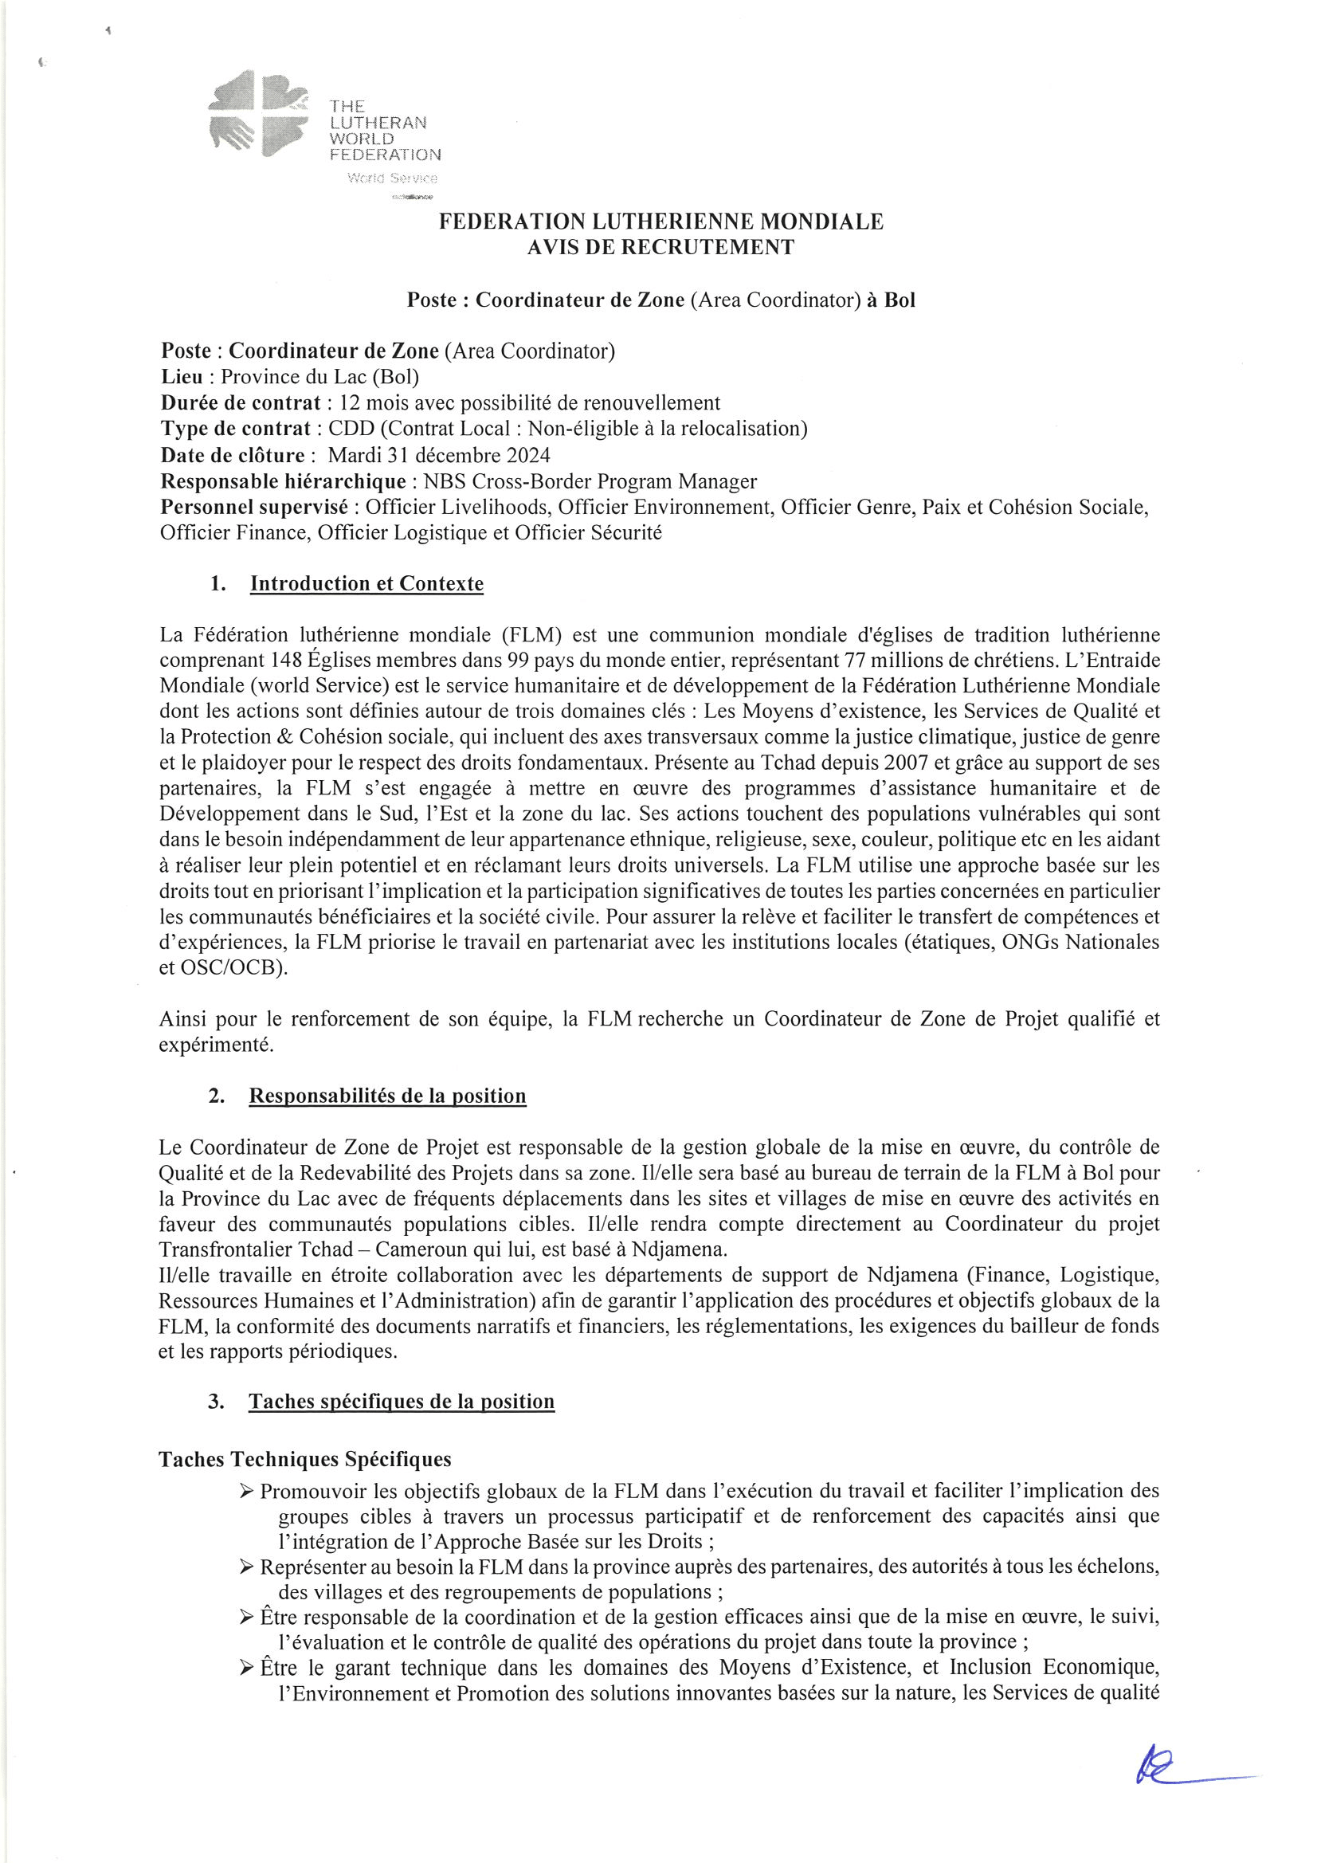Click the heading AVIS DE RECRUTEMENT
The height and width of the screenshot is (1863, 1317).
tap(660, 248)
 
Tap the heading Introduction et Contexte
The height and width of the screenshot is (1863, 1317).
tap(366, 583)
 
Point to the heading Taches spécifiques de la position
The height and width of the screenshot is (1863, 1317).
tap(402, 1402)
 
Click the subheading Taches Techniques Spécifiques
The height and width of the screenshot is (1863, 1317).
tap(305, 1459)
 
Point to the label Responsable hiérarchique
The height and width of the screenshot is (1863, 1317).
tap(283, 481)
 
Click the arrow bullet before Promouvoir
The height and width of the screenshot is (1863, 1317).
tap(249, 1491)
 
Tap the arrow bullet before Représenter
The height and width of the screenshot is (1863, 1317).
tap(249, 1568)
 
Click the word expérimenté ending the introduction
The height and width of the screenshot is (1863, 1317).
tap(216, 1045)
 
